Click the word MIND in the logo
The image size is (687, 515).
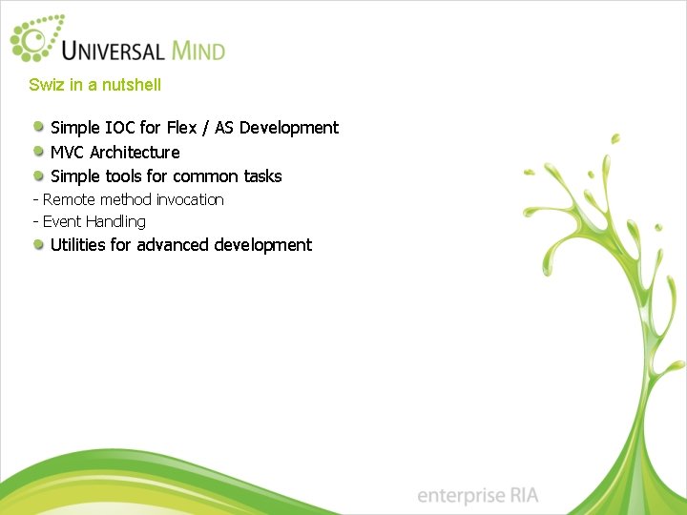coord(198,49)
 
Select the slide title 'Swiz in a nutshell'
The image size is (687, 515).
coord(94,85)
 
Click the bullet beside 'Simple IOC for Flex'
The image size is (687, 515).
coord(38,127)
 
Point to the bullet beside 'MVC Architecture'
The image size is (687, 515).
coord(38,152)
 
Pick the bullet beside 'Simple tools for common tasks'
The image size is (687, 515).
coord(38,175)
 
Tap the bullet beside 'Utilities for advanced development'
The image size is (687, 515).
coord(38,245)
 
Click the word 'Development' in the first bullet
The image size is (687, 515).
coord(290,128)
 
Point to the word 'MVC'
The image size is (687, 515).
coord(68,153)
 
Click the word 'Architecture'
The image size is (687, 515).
coord(135,153)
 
